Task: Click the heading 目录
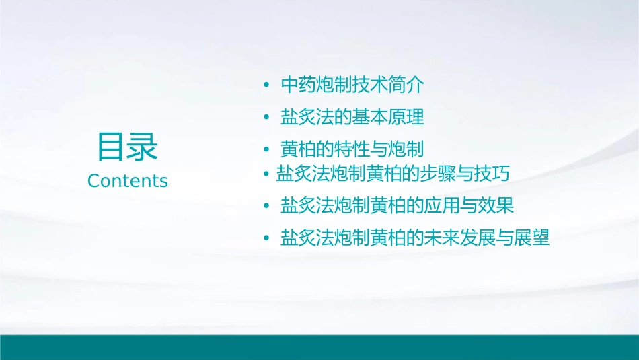click(x=128, y=147)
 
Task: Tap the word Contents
click(x=128, y=181)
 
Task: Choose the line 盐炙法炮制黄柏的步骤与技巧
click(x=393, y=174)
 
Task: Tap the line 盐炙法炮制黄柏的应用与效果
click(x=397, y=205)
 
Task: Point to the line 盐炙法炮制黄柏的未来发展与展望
click(x=415, y=238)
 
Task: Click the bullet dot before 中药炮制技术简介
click(x=266, y=86)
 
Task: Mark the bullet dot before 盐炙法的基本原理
click(x=266, y=118)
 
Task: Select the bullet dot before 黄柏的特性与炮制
click(x=266, y=149)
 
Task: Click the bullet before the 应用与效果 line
click(x=266, y=205)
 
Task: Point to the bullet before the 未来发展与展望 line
click(x=266, y=238)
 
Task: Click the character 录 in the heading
click(x=143, y=147)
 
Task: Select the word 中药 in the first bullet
click(x=298, y=85)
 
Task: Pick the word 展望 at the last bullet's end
click(x=532, y=238)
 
